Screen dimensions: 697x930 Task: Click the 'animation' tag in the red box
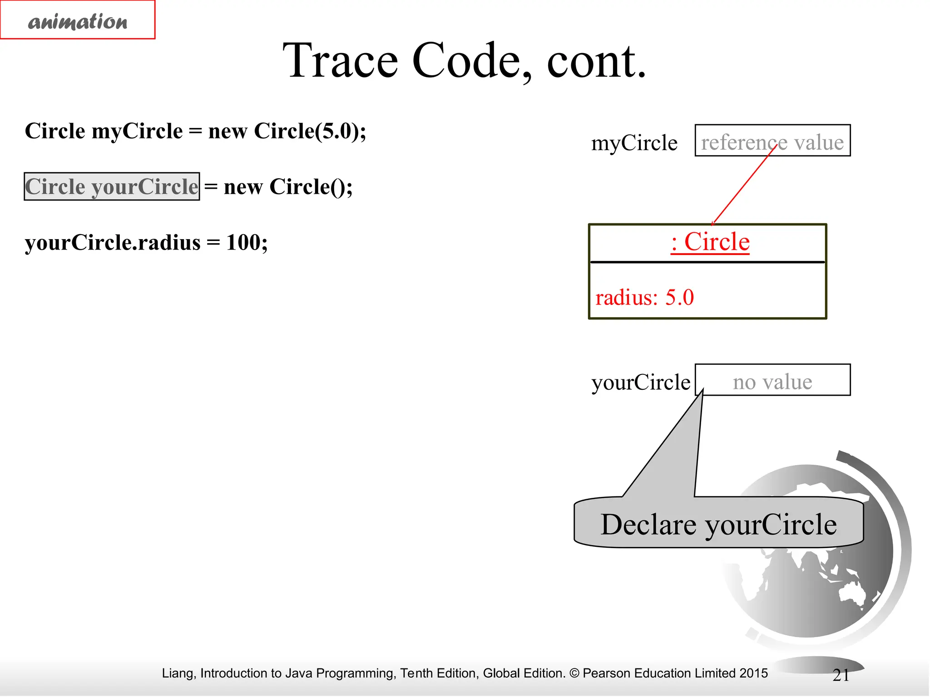(78, 21)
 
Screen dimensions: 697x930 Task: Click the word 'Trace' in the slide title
(340, 60)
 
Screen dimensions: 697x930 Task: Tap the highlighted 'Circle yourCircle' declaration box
(112, 187)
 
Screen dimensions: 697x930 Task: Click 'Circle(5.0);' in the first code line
(310, 131)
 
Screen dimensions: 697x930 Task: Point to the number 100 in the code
(243, 242)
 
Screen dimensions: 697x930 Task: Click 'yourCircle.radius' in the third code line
(113, 242)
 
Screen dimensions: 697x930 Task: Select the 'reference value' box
(772, 141)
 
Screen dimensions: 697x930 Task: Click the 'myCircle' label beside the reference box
(634, 143)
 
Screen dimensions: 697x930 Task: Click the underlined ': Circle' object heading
(710, 241)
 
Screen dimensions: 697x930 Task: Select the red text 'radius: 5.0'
(644, 298)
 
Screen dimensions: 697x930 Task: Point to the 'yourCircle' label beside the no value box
(640, 382)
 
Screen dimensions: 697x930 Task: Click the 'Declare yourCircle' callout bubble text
(718, 525)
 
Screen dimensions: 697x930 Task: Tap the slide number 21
(841, 675)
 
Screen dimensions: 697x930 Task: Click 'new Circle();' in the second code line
(288, 187)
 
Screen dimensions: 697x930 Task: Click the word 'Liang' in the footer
(178, 673)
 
